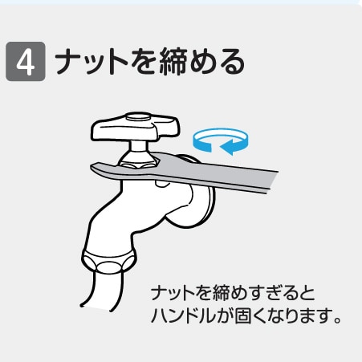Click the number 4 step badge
(24, 62)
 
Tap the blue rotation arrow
(218, 141)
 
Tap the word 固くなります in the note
(282, 315)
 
